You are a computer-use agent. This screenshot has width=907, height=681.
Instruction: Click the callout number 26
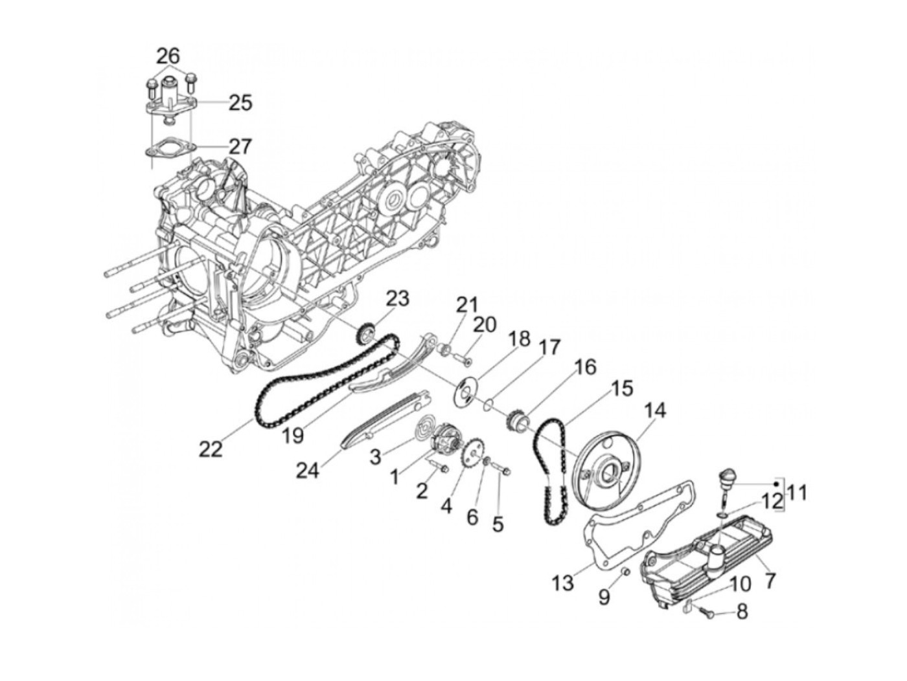point(167,56)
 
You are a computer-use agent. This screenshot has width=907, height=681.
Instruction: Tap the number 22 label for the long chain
point(211,448)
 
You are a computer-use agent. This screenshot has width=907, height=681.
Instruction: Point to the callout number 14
point(654,410)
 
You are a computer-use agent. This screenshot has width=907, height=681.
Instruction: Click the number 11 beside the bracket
point(798,493)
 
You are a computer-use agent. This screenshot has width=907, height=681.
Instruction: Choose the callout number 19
point(293,434)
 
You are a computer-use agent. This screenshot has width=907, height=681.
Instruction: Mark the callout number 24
point(308,471)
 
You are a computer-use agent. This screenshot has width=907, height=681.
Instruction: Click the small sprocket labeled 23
point(367,335)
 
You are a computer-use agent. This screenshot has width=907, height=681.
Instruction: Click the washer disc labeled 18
point(466,392)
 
